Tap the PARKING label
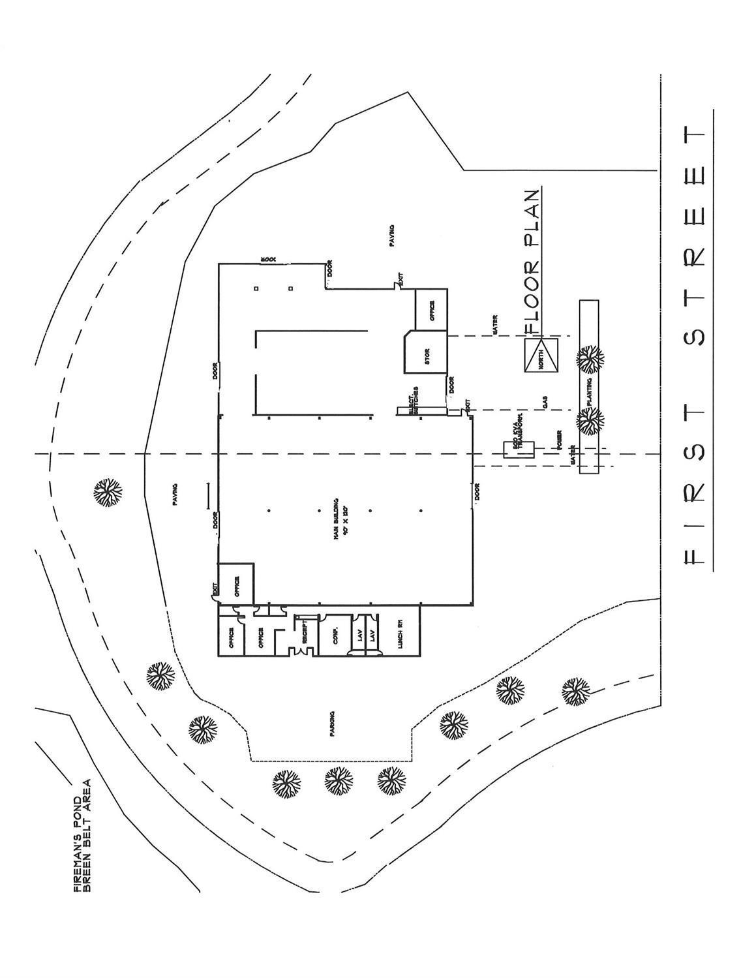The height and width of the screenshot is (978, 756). tap(332, 724)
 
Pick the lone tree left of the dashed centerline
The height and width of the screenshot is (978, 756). tap(107, 493)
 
